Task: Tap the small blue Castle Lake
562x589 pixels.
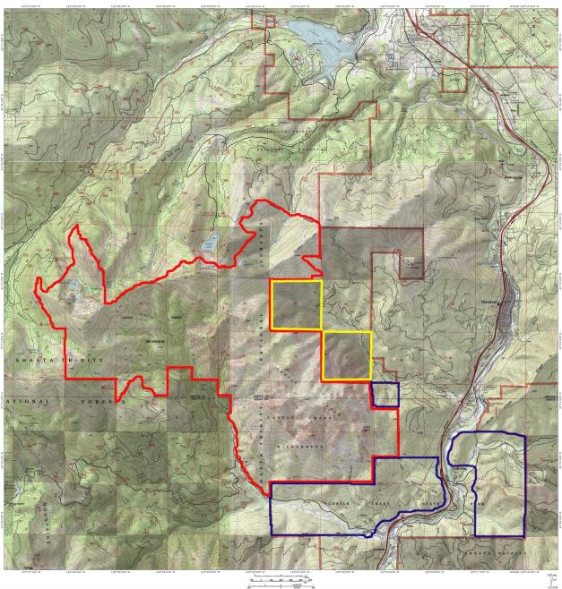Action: pyautogui.click(x=209, y=243)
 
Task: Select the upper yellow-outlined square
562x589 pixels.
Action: pyautogui.click(x=295, y=304)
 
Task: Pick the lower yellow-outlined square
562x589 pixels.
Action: pyautogui.click(x=346, y=355)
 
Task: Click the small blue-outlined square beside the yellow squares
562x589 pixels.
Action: pyautogui.click(x=385, y=395)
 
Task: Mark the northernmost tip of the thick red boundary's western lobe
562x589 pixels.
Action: pyautogui.click(x=76, y=225)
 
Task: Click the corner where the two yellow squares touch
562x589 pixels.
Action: pyautogui.click(x=321, y=330)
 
